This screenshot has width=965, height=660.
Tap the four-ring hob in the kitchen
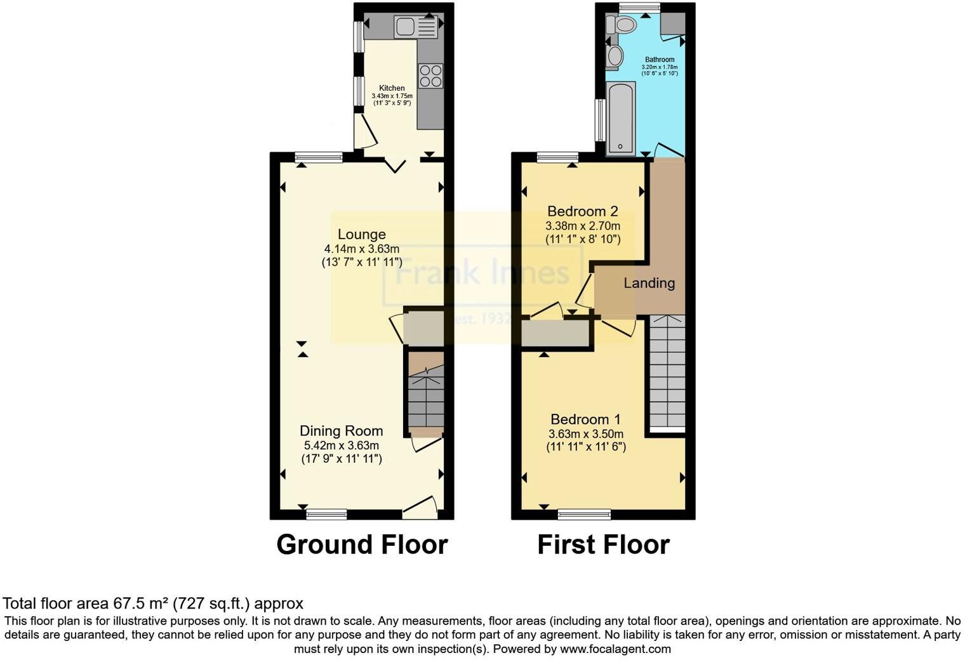pyautogui.click(x=430, y=76)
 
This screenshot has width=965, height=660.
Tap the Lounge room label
pyautogui.click(x=361, y=234)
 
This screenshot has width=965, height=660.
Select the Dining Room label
pyautogui.click(x=341, y=431)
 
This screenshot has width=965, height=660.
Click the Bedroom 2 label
pyautogui.click(x=582, y=211)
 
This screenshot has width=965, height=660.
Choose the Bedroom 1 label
pyautogui.click(x=585, y=419)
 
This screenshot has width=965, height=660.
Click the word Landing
pyautogui.click(x=649, y=283)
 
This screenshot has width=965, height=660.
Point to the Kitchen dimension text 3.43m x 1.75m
pyautogui.click(x=392, y=96)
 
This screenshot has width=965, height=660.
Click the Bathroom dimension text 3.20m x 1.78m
pyautogui.click(x=660, y=67)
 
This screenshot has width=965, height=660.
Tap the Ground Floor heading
pyautogui.click(x=362, y=544)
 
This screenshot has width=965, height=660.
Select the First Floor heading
pyautogui.click(x=603, y=544)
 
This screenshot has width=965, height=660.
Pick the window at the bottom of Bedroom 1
pyautogui.click(x=584, y=514)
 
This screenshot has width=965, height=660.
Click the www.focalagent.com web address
pyautogui.click(x=615, y=649)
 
